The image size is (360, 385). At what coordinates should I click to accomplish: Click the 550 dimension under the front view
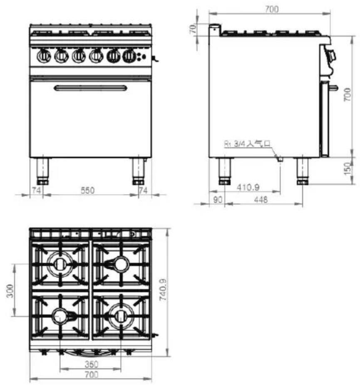click(87, 190)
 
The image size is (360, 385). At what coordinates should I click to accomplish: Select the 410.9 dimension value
click(248, 188)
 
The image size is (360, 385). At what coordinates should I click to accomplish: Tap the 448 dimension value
click(261, 200)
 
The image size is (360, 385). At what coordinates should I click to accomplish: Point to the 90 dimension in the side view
click(218, 200)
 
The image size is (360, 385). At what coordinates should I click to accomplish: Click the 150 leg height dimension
click(347, 168)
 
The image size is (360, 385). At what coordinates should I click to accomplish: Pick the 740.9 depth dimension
click(163, 290)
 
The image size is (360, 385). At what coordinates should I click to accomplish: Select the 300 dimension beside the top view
click(10, 291)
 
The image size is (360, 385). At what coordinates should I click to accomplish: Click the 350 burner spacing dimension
click(92, 364)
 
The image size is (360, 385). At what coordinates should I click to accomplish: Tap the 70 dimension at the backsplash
click(194, 29)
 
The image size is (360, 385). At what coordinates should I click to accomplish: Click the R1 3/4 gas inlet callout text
click(247, 143)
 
